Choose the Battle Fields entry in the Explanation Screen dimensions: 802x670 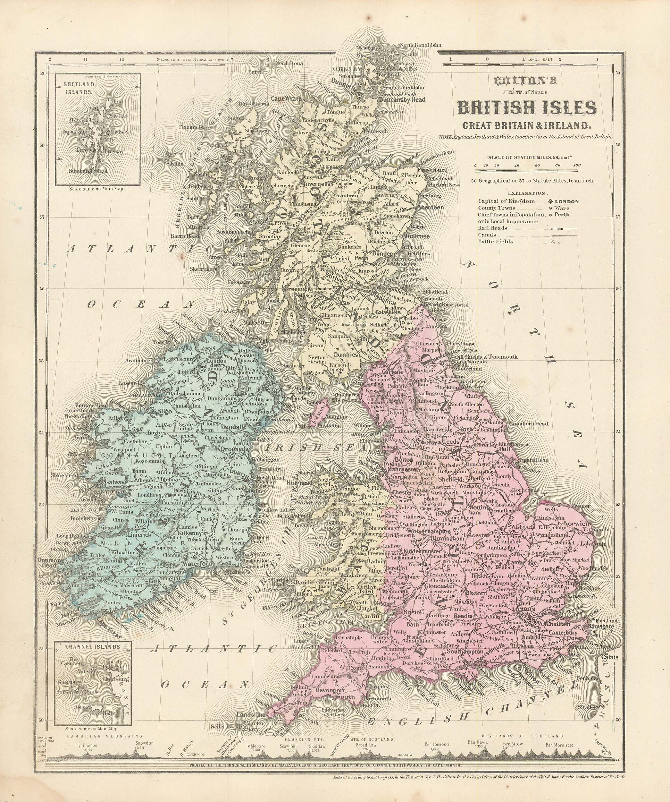tap(495, 241)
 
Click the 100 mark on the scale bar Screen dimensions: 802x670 tap(577, 165)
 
